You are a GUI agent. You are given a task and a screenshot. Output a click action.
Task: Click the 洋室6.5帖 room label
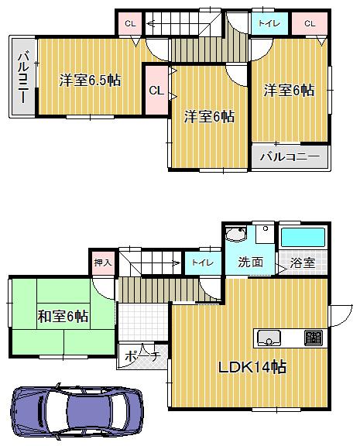[90, 80]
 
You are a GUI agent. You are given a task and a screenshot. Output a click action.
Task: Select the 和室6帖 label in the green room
[63, 316]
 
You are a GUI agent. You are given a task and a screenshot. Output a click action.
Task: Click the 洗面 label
[250, 262]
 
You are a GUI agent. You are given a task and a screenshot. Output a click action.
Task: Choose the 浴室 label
[303, 262]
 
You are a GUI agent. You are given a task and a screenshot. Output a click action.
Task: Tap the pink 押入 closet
[103, 262]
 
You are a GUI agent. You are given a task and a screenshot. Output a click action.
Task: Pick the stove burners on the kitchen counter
[314, 337]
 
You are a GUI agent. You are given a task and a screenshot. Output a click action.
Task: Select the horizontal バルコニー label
[289, 156]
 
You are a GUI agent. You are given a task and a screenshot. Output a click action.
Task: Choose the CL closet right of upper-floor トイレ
[310, 24]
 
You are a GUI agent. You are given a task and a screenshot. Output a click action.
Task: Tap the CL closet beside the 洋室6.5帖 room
[156, 90]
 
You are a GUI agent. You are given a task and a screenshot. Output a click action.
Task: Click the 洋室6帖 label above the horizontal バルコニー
[288, 91]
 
